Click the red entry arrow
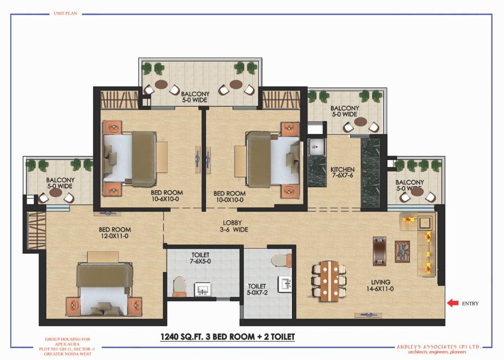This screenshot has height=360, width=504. point(453,303)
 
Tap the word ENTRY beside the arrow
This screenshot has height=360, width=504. point(470,303)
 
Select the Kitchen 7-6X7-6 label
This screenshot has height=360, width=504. point(343,172)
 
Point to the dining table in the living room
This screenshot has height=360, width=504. point(329,281)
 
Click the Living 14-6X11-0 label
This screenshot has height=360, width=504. point(380,285)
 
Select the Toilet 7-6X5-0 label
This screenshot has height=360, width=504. point(200,258)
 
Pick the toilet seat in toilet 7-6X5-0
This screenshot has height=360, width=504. point(180,286)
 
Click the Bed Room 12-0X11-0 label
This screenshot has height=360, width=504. point(115,232)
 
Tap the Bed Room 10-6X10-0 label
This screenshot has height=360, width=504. point(166,196)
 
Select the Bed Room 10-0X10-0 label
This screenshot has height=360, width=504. point(229,196)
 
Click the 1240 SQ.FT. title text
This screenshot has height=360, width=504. point(227,336)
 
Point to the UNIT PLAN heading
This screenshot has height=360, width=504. point(65,13)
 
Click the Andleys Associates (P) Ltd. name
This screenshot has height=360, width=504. point(439,347)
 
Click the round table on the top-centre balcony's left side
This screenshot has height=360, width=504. point(161,84)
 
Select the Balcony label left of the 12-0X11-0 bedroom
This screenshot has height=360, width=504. point(60,183)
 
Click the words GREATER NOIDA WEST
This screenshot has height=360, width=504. point(67,354)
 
